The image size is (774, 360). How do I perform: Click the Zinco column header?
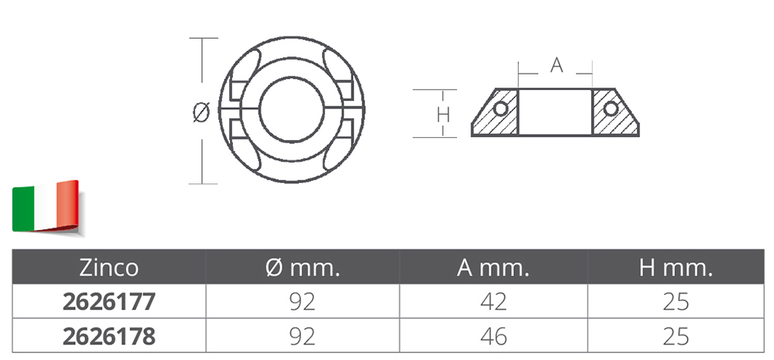click(108, 268)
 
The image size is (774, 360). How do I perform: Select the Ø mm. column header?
click(302, 268)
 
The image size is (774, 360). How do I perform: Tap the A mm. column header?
click(493, 268)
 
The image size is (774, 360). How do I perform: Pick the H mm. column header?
click(676, 268)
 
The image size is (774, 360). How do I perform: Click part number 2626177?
click(108, 302)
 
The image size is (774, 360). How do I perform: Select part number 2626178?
click(108, 336)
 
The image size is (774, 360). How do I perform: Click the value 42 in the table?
click(493, 302)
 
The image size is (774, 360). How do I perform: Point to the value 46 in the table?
click(493, 336)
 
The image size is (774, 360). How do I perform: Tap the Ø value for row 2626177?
click(302, 302)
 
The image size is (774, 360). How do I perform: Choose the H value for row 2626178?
click(676, 336)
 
